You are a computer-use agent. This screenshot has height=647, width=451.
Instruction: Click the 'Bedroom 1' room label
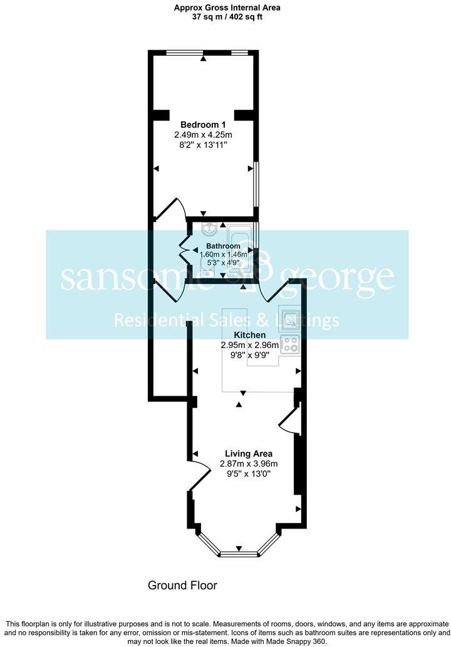tap(203, 124)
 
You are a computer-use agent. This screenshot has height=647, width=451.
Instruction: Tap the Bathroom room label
tap(223, 246)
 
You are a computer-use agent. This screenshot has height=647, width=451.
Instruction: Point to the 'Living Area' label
tap(249, 453)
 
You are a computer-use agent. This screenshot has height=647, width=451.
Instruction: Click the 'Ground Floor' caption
tap(182, 586)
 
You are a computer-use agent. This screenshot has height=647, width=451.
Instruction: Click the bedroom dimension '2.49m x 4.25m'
tap(203, 135)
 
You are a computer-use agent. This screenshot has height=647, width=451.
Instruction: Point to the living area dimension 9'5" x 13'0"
tap(249, 475)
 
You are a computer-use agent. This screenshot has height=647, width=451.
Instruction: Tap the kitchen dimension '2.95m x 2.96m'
tap(249, 345)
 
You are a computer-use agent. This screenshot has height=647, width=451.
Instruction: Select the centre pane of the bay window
tap(238, 554)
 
